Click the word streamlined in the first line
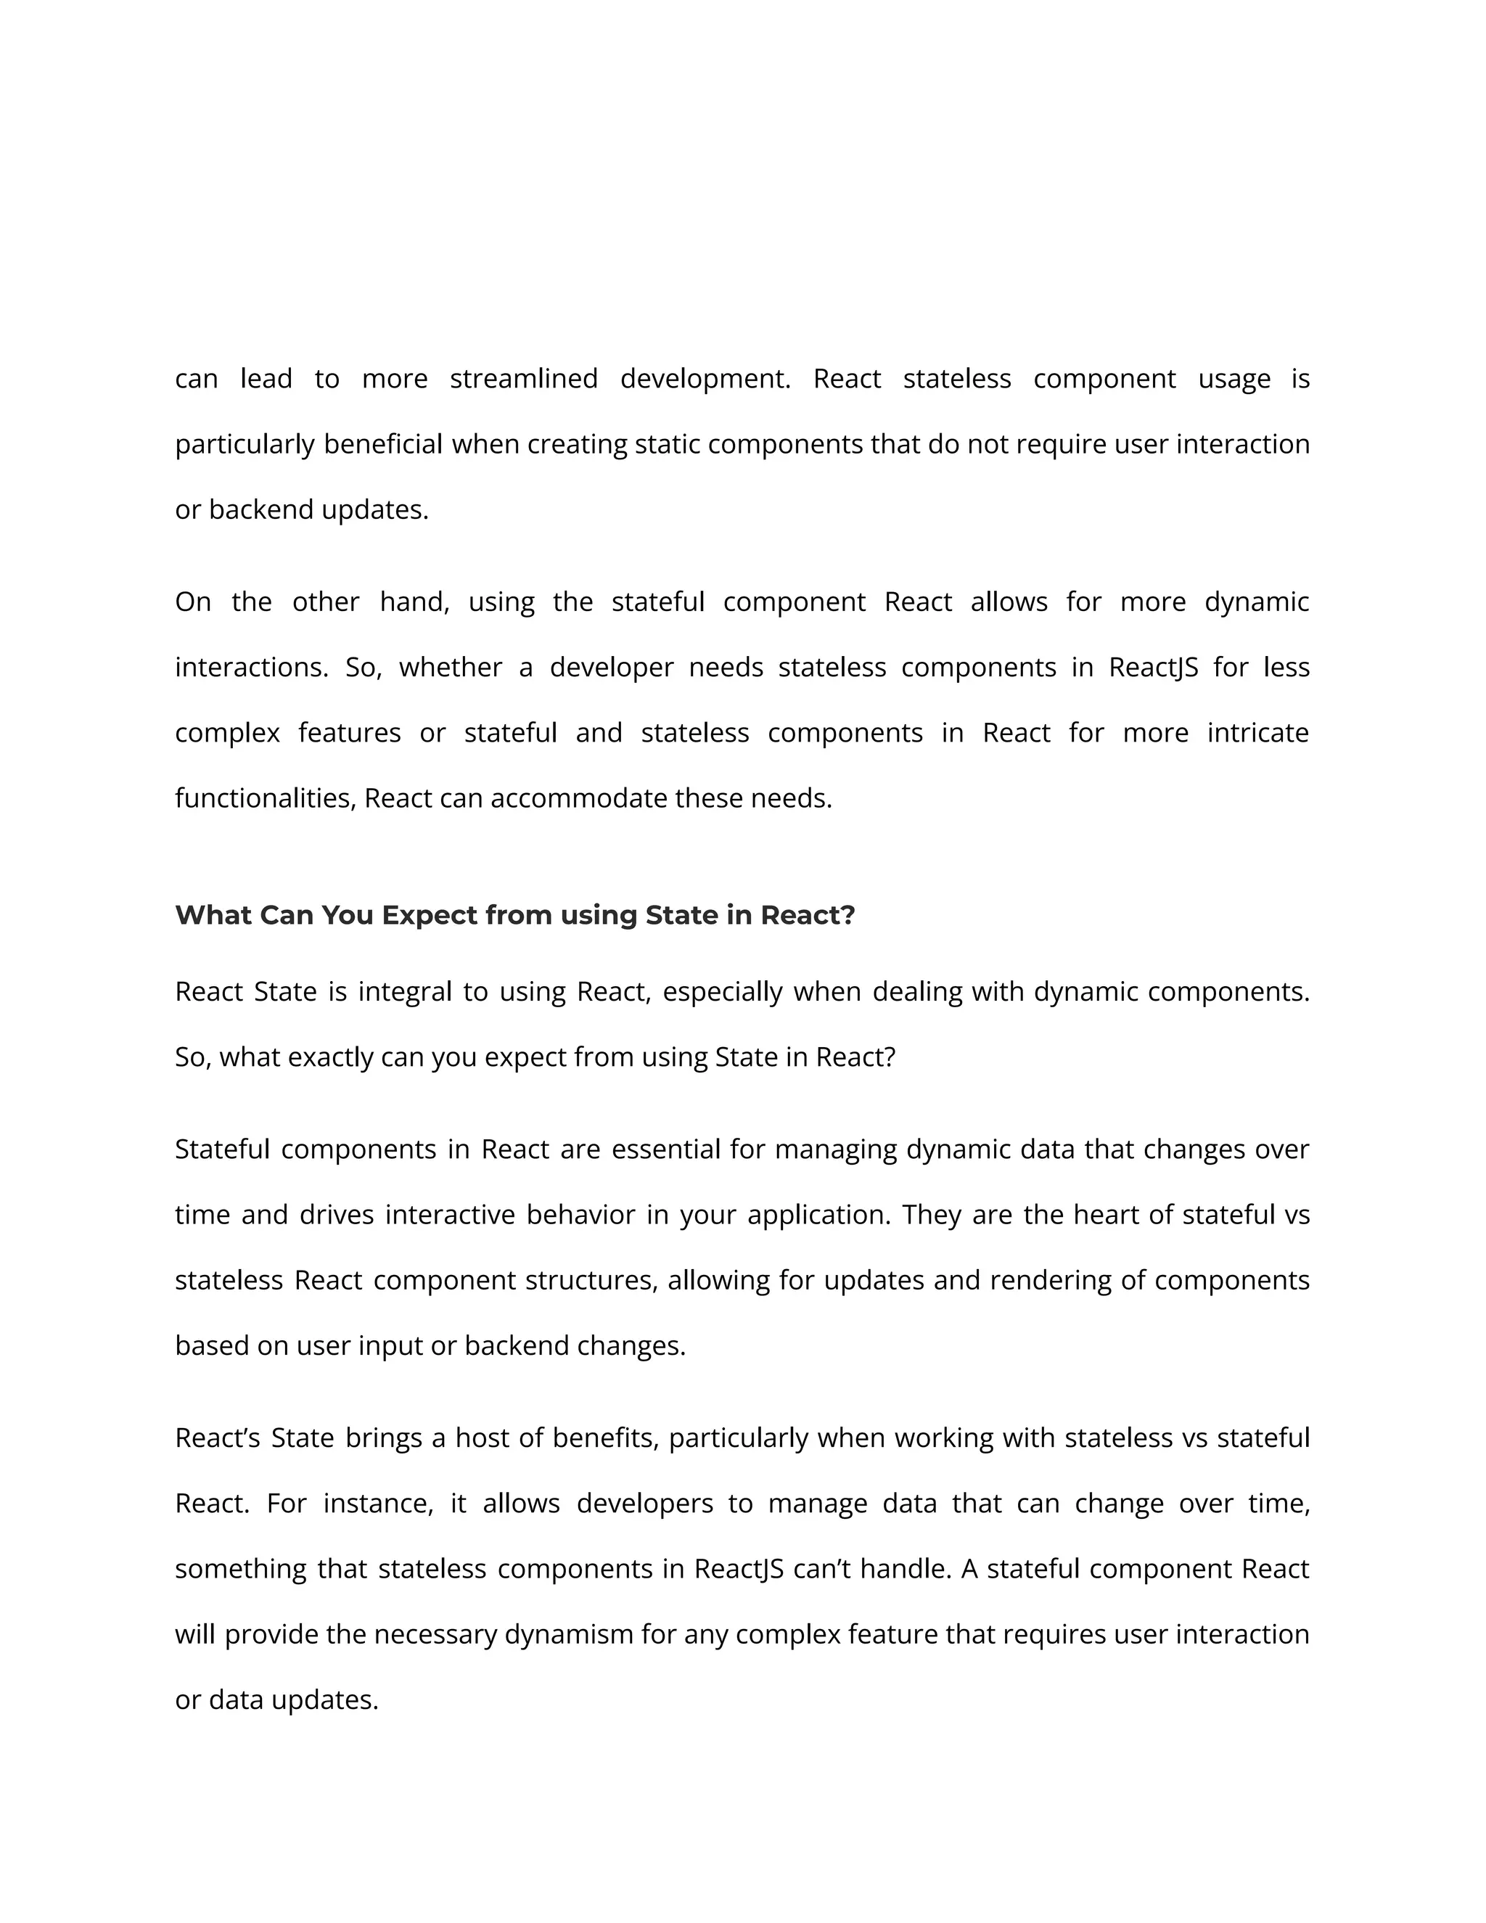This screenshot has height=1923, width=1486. click(523, 379)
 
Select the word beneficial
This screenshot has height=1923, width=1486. click(383, 444)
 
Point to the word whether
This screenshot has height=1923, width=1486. click(450, 668)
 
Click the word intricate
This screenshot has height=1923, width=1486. click(1257, 733)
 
